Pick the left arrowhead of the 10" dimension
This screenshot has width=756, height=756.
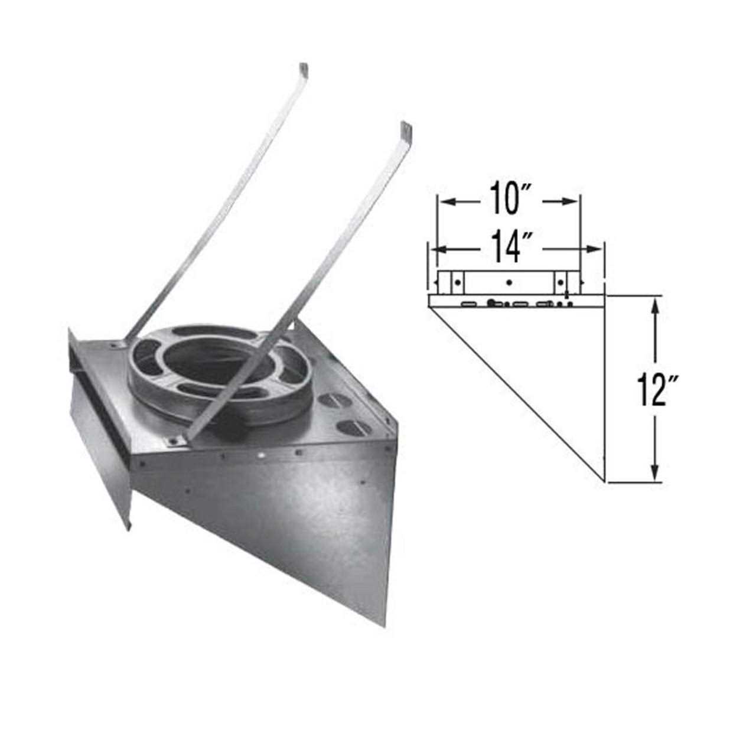(444, 202)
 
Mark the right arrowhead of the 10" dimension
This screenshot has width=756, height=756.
(573, 202)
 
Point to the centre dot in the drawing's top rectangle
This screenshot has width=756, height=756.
(509, 282)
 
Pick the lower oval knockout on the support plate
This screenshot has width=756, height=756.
(346, 426)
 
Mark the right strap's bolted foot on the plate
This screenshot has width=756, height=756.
(174, 440)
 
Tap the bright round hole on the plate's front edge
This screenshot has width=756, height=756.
(260, 456)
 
